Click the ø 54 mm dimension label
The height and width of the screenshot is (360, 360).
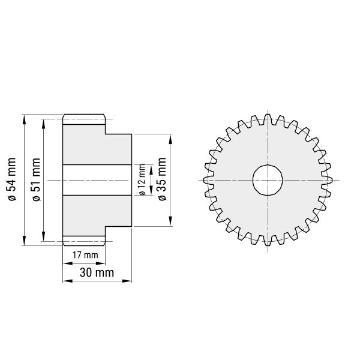[12, 179]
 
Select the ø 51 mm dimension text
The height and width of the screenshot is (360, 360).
[36, 179]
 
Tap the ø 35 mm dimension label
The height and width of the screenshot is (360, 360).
[162, 179]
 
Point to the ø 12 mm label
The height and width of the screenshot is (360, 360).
[142, 180]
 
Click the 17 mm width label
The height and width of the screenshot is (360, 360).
[85, 255]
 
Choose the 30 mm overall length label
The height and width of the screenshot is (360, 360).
[97, 272]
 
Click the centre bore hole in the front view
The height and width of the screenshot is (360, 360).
[268, 180]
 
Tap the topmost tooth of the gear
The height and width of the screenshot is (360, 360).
[268, 119]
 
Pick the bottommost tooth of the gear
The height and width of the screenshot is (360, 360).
[268, 241]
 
